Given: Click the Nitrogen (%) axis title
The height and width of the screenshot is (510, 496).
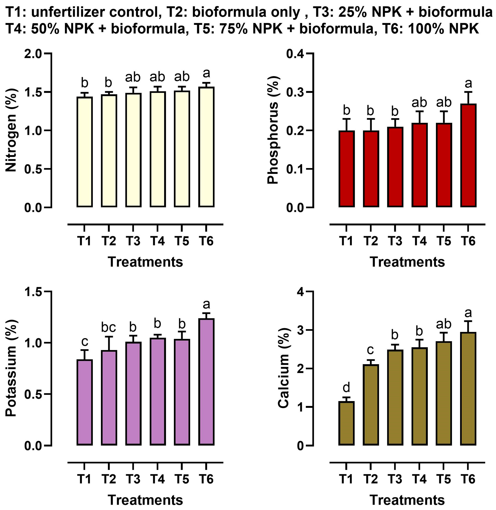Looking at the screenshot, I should point(11,130).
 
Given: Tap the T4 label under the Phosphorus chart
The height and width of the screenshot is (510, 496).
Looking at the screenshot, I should point(419,241).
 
